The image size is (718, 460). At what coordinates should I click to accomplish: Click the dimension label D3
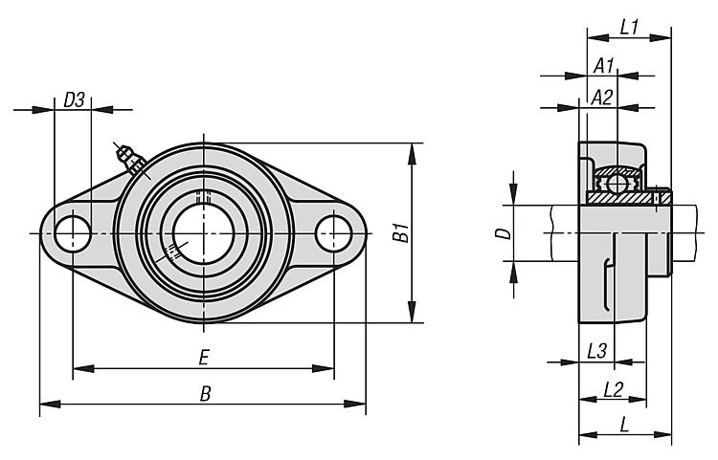point(74,99)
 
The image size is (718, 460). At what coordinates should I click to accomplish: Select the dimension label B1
point(403,232)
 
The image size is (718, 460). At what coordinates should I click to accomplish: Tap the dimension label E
point(203,357)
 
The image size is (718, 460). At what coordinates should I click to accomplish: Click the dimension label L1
point(628,28)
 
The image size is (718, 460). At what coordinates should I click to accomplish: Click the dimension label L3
point(595,351)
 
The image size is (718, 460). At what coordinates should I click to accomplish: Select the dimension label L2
point(613,388)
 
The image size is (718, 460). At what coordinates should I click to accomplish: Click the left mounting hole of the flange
point(73,233)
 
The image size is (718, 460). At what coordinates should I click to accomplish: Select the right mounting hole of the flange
point(334,232)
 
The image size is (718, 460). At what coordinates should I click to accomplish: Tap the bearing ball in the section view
point(615,181)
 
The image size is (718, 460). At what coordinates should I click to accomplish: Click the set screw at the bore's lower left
point(173,252)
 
